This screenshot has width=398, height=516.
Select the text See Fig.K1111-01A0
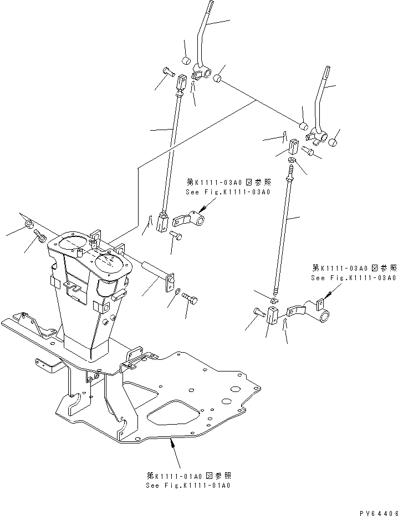coord(188,486)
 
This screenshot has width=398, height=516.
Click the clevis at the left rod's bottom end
coord(162,223)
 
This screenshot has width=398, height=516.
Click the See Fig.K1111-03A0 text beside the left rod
coord(228,192)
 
